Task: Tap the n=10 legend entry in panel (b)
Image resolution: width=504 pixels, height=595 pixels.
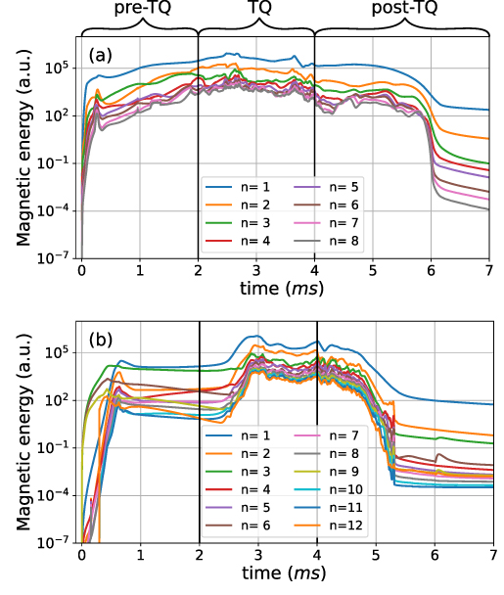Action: [x=344, y=489]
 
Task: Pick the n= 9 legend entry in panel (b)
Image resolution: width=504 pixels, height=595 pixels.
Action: [x=344, y=471]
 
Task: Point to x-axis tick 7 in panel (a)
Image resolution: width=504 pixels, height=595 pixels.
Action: [x=488, y=270]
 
